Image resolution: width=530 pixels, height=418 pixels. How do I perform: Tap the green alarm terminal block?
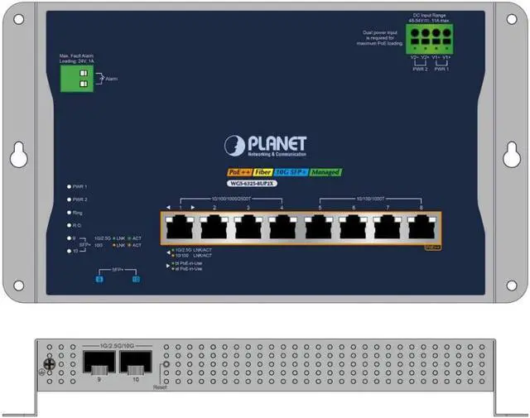pos(75,79)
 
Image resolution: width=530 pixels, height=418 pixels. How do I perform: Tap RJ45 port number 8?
pos(421,226)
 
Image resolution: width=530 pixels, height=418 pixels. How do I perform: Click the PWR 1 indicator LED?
pos(68,187)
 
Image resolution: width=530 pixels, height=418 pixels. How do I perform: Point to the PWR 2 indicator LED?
pos(68,199)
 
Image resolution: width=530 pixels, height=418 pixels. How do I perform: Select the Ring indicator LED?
pos(68,213)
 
